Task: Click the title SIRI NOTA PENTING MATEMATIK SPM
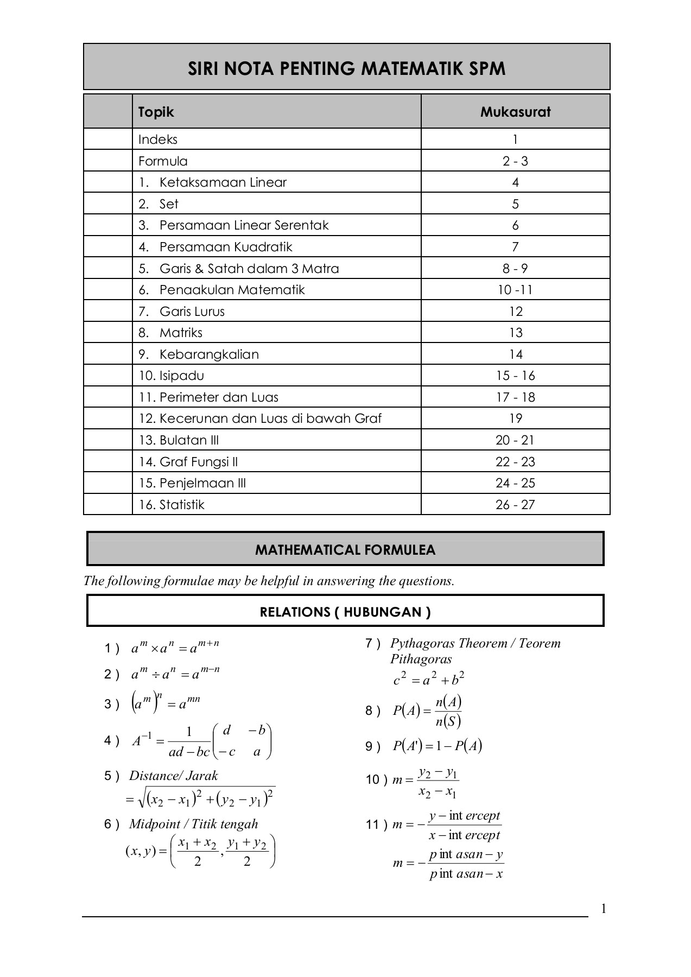346,69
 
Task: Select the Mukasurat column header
515,112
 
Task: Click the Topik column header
156,112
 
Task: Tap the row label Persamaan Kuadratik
225,247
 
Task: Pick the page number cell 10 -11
515,290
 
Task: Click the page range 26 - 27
515,505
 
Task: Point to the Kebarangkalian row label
208,354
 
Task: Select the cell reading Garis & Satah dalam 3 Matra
249,269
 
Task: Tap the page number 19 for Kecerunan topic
515,418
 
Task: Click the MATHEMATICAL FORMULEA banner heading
345,550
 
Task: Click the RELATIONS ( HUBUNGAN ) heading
345,612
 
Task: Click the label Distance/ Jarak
173,776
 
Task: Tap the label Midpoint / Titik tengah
193,824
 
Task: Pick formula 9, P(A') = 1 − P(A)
437,746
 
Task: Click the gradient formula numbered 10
426,781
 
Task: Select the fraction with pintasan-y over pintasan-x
466,864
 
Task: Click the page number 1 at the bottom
603,909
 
